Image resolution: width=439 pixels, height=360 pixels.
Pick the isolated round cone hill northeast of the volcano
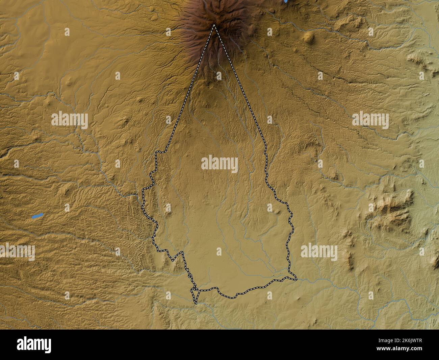click(308, 37)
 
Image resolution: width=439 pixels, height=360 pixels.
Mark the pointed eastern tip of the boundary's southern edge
click(296, 279)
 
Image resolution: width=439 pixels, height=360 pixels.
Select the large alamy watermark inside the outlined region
click(219, 164)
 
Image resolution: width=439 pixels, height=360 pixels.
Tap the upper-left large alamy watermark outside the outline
click(70, 120)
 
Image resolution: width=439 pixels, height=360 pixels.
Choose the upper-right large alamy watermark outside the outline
click(370, 120)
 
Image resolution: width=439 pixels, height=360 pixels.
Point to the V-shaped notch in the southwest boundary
click(173, 261)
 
